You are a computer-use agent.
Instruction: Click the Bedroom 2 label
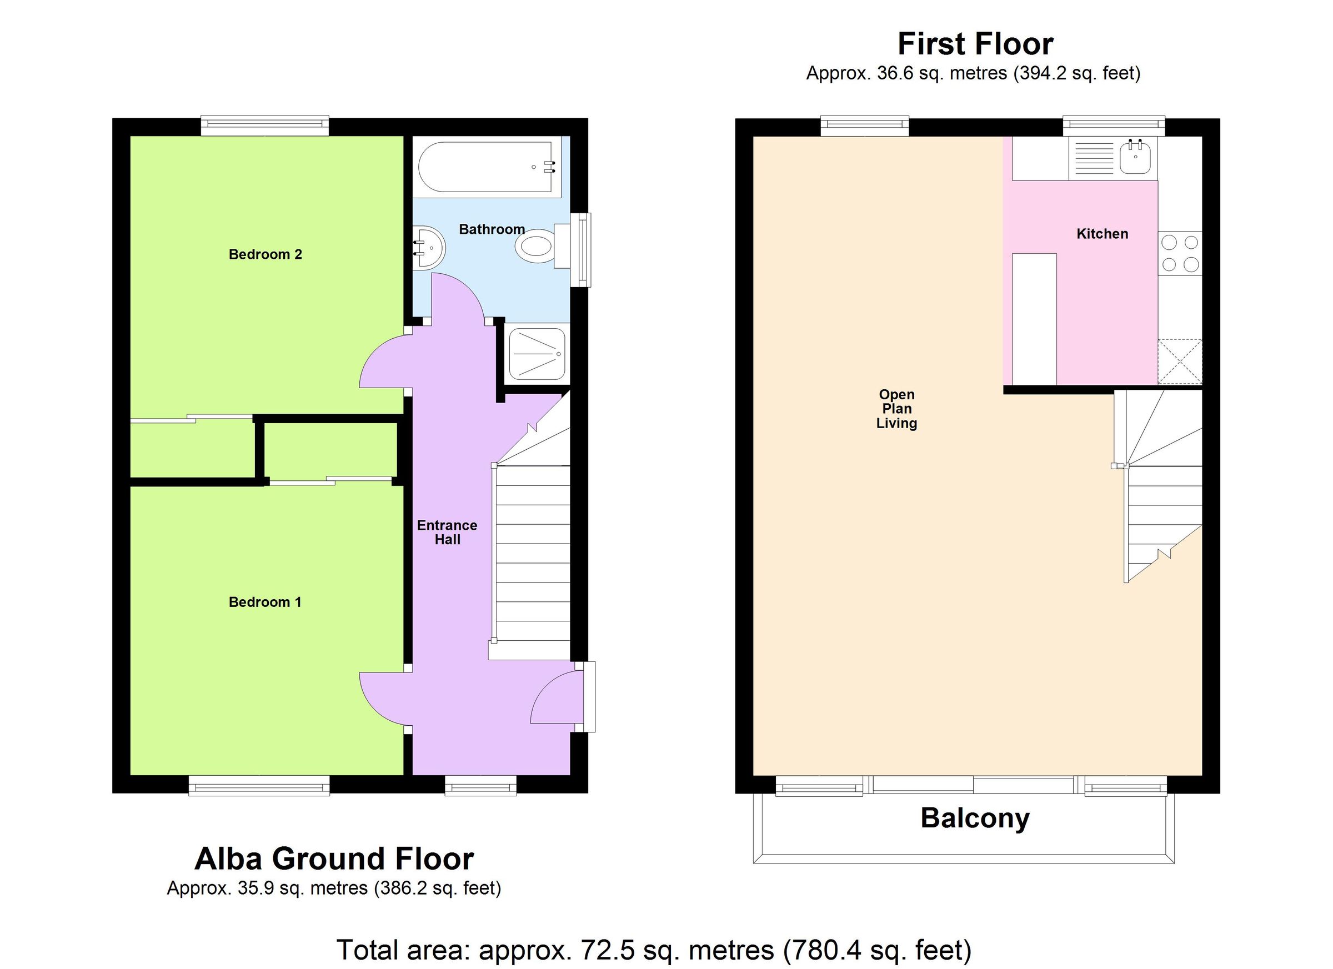tap(265, 254)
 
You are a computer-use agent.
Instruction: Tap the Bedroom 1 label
tap(264, 602)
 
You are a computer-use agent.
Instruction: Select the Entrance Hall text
tap(447, 533)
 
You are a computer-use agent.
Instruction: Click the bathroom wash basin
tap(428, 248)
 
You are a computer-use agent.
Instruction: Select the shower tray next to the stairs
tap(537, 354)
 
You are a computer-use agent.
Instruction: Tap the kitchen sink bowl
tap(1134, 158)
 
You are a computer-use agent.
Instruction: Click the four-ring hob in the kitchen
tap(1180, 253)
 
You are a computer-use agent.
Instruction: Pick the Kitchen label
tap(1102, 234)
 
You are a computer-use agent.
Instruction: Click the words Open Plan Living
tap(896, 409)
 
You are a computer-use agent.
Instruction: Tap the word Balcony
tap(975, 818)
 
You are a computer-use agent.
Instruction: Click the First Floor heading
tap(975, 44)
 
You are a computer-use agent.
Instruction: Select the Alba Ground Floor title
tap(334, 858)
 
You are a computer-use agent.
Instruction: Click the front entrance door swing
tap(554, 699)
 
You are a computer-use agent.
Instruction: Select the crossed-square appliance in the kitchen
tap(1180, 362)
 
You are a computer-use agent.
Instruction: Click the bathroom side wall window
tap(582, 249)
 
